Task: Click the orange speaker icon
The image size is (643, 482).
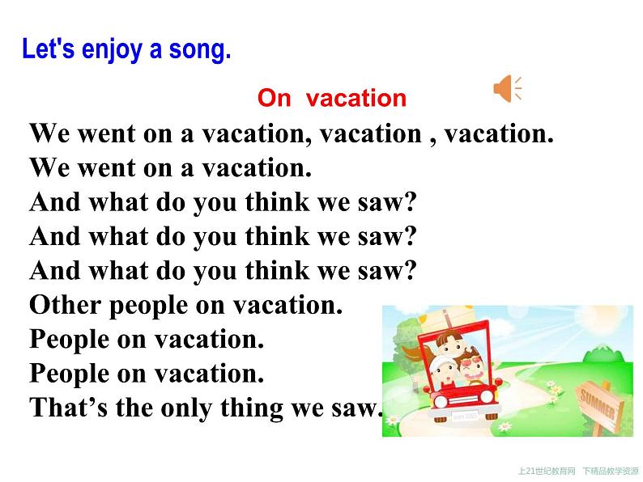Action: (507, 88)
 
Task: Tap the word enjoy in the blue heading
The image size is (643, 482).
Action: (112, 50)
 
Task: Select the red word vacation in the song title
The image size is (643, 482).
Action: (356, 99)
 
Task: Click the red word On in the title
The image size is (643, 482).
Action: (274, 99)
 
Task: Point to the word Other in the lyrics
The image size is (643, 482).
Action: (66, 305)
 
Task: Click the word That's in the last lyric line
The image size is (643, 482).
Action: (69, 408)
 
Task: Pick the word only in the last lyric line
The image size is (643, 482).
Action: (186, 408)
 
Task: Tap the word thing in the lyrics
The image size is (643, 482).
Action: (252, 408)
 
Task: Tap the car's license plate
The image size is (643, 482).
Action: (465, 415)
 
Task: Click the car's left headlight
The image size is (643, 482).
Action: (441, 401)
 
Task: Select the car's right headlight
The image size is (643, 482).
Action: (487, 396)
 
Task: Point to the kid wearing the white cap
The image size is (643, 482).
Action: (444, 371)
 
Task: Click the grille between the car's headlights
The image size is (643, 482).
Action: (464, 400)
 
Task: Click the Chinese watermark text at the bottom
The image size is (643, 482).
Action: (578, 471)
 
